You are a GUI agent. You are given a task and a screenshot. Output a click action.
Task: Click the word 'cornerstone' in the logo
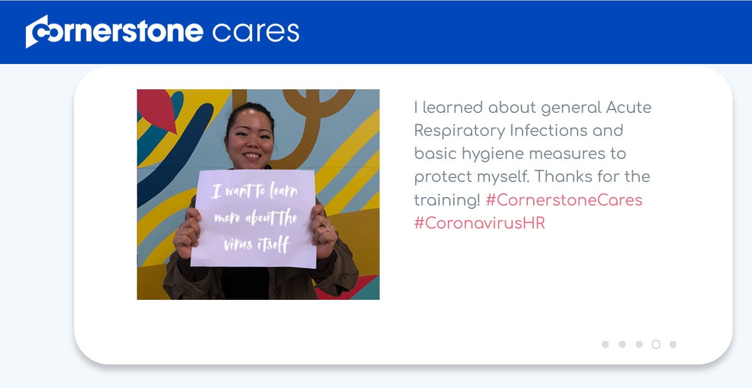point(114,31)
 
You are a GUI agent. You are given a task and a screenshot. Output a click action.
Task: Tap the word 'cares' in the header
point(256,32)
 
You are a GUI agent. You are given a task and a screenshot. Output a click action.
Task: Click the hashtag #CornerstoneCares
point(564,200)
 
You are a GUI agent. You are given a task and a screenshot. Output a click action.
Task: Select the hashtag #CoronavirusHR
point(479,223)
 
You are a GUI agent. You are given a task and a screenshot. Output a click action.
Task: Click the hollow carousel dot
point(656,344)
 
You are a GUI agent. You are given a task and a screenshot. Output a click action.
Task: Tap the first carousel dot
point(605,344)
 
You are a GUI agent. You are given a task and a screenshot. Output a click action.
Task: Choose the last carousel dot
point(673,344)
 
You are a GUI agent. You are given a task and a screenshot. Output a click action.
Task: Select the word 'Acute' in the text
point(629,108)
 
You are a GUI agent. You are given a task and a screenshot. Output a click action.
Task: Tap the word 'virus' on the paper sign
point(238,244)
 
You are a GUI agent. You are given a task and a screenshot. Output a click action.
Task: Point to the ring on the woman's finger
point(325,227)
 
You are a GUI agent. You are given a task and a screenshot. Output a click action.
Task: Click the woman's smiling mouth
point(252,156)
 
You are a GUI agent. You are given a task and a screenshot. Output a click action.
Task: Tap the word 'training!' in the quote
point(447,200)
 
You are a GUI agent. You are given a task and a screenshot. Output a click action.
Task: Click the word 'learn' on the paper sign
point(284,191)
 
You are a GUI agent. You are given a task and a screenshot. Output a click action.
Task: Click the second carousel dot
point(622,344)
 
